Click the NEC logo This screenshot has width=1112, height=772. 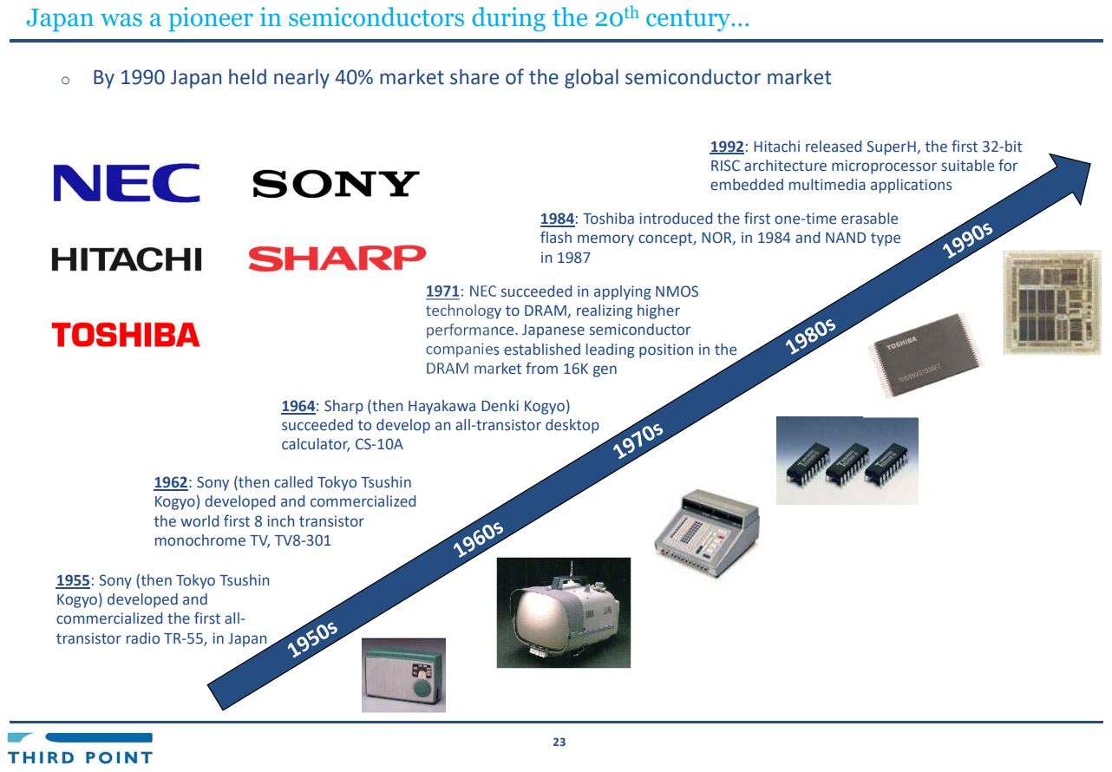127,183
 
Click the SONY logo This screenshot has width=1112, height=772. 335,184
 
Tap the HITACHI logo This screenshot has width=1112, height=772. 127,258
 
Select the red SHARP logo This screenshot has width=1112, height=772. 337,258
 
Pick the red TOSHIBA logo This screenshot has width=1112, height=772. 127,335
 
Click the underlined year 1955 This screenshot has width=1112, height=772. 73,580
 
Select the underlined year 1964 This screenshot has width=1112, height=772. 298,406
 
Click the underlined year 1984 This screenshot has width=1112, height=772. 557,219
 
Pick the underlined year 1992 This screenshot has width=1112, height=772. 727,147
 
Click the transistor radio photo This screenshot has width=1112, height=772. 403,675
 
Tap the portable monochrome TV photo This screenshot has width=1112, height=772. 563,612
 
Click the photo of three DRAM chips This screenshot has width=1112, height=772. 847,461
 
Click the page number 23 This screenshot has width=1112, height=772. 559,743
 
